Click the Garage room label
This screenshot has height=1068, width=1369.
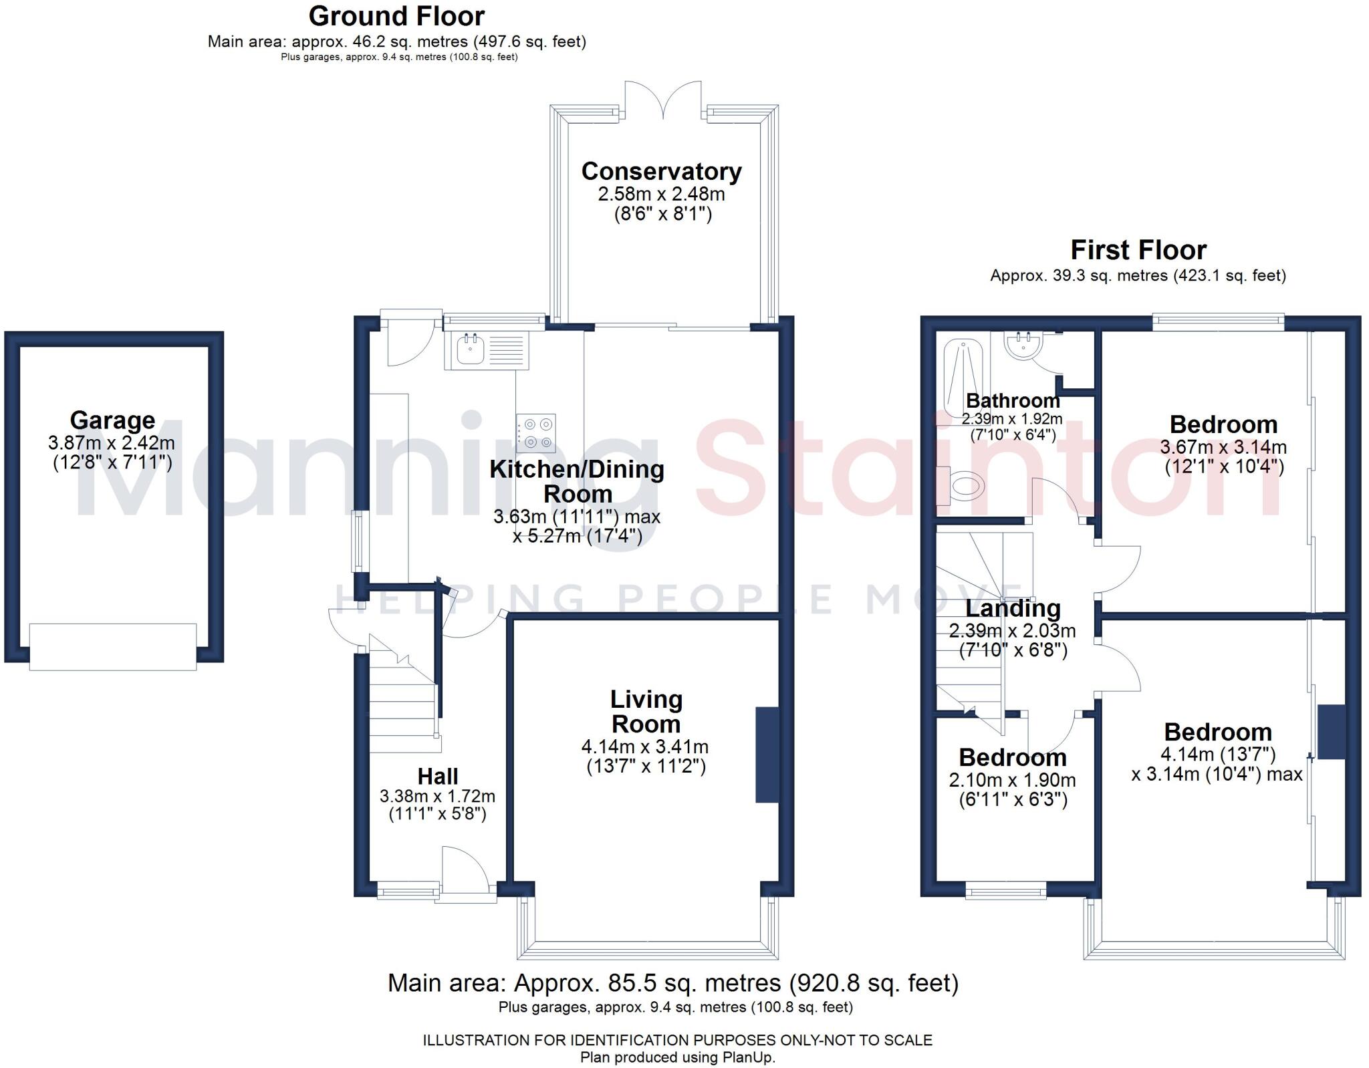(112, 420)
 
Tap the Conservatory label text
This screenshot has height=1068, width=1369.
(661, 171)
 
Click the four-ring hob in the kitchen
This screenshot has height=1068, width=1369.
(536, 433)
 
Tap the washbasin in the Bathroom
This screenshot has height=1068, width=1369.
(1023, 346)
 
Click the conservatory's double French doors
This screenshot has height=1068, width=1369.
(664, 100)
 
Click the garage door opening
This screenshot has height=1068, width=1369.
(113, 646)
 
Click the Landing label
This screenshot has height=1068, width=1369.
(1013, 608)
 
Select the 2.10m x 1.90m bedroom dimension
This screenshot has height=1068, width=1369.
(1012, 780)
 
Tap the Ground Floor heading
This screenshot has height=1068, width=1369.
(396, 16)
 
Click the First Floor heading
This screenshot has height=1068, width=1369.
(1138, 250)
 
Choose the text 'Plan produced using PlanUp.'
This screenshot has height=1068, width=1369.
(677, 1057)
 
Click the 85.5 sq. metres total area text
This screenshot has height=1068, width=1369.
(673, 982)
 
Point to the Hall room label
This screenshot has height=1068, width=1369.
(438, 776)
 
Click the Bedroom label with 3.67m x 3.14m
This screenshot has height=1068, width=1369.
(1223, 424)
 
